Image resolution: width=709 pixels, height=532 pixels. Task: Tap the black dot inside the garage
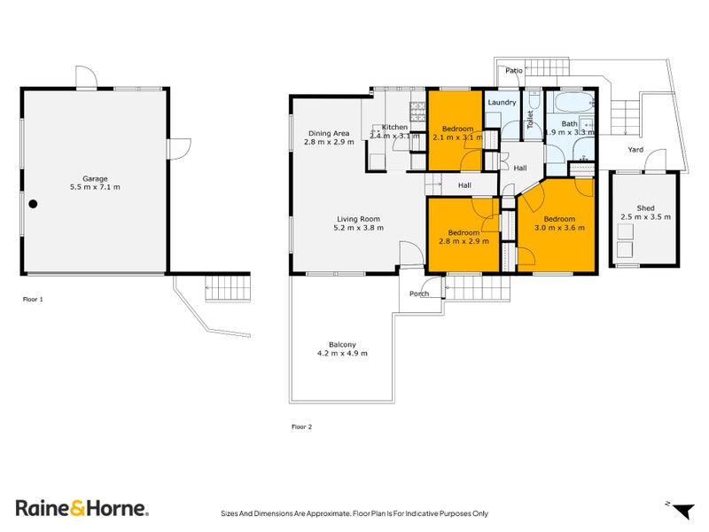pyautogui.click(x=33, y=204)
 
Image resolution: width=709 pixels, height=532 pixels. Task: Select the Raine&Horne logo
pyautogui.click(x=82, y=508)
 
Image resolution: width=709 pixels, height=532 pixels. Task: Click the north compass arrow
pyautogui.click(x=682, y=510)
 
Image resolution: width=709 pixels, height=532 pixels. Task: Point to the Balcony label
pyautogui.click(x=342, y=345)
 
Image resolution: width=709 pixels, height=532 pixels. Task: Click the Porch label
pyautogui.click(x=419, y=293)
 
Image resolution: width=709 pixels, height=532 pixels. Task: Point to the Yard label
pyautogui.click(x=635, y=150)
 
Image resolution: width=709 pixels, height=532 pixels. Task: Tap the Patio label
pyautogui.click(x=513, y=70)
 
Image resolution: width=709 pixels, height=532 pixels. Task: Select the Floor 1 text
pyautogui.click(x=33, y=299)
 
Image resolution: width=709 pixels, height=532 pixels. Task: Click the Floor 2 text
pyautogui.click(x=301, y=426)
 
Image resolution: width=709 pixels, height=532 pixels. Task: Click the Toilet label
pyautogui.click(x=531, y=120)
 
